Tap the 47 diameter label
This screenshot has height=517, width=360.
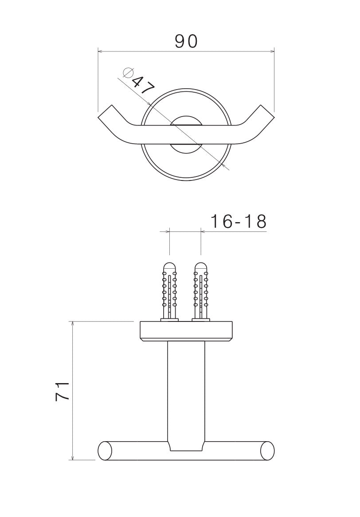pyautogui.click(x=143, y=86)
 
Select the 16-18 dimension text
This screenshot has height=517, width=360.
pyautogui.click(x=238, y=221)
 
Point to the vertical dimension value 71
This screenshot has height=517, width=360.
pyautogui.click(x=63, y=391)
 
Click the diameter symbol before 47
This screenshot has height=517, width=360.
pyautogui.click(x=128, y=73)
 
